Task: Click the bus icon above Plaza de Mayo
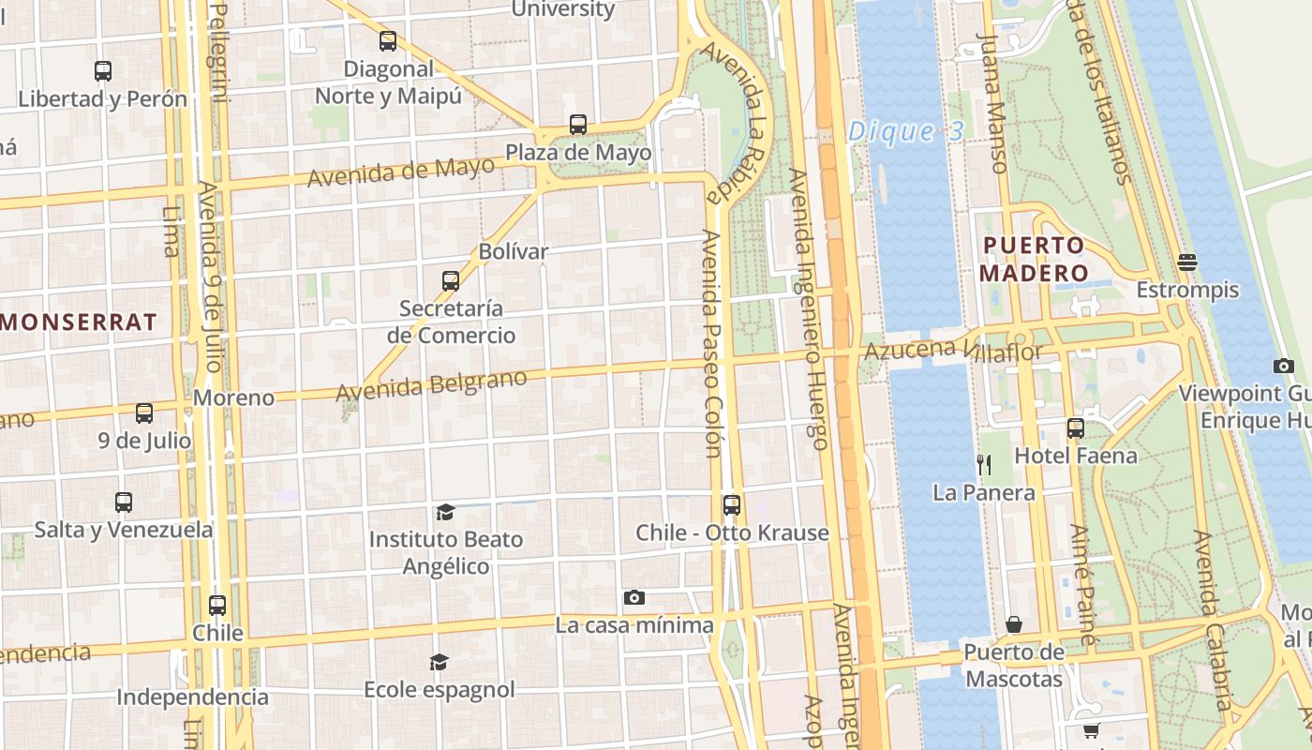[x=578, y=125]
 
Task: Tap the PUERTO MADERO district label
[x=1034, y=260]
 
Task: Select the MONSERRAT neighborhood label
[x=79, y=322]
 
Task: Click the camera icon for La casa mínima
[x=634, y=597]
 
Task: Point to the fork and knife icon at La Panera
[x=983, y=463]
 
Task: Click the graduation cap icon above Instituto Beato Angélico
[x=445, y=512]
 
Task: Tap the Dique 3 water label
[x=904, y=132]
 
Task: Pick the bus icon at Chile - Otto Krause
[x=732, y=505]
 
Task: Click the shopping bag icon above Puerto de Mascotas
[x=1014, y=624]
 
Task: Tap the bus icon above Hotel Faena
[x=1076, y=428]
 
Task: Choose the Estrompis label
[x=1187, y=291]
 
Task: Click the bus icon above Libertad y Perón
[x=103, y=70]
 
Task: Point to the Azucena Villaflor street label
[x=953, y=351]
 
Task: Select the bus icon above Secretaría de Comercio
[x=451, y=280]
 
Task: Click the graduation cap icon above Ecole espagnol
[x=439, y=663]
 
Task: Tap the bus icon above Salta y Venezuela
[x=124, y=502]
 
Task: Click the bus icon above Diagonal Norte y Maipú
[x=388, y=41]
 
